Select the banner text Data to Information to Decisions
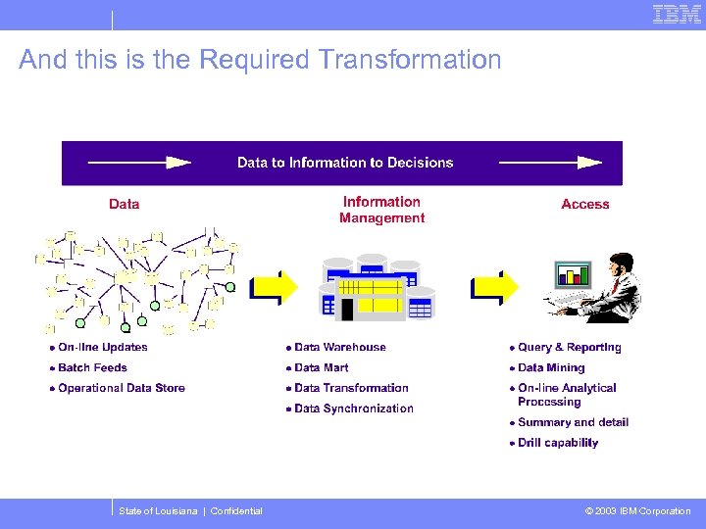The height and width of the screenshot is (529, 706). pos(345,163)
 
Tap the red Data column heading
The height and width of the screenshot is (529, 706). pos(124,204)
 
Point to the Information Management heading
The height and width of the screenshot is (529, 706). pos(381,210)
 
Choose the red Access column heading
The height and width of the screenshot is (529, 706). pos(585,204)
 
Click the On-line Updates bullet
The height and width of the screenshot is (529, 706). pos(102,347)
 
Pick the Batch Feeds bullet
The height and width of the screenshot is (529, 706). pos(92,367)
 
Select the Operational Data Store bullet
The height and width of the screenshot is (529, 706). pos(121,388)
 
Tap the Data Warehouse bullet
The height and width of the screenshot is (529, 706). pos(339,347)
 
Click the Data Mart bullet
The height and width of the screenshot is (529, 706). pos(321,367)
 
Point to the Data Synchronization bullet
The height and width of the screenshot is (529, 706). pos(353,409)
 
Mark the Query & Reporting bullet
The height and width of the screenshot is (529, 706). pos(569,347)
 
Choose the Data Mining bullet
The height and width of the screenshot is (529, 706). pos(550,367)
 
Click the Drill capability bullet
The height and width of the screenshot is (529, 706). pos(557,443)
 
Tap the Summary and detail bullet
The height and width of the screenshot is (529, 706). pos(573,422)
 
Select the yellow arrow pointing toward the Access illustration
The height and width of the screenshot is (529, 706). pos(494,287)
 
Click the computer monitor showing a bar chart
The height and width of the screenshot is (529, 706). pos(573,273)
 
